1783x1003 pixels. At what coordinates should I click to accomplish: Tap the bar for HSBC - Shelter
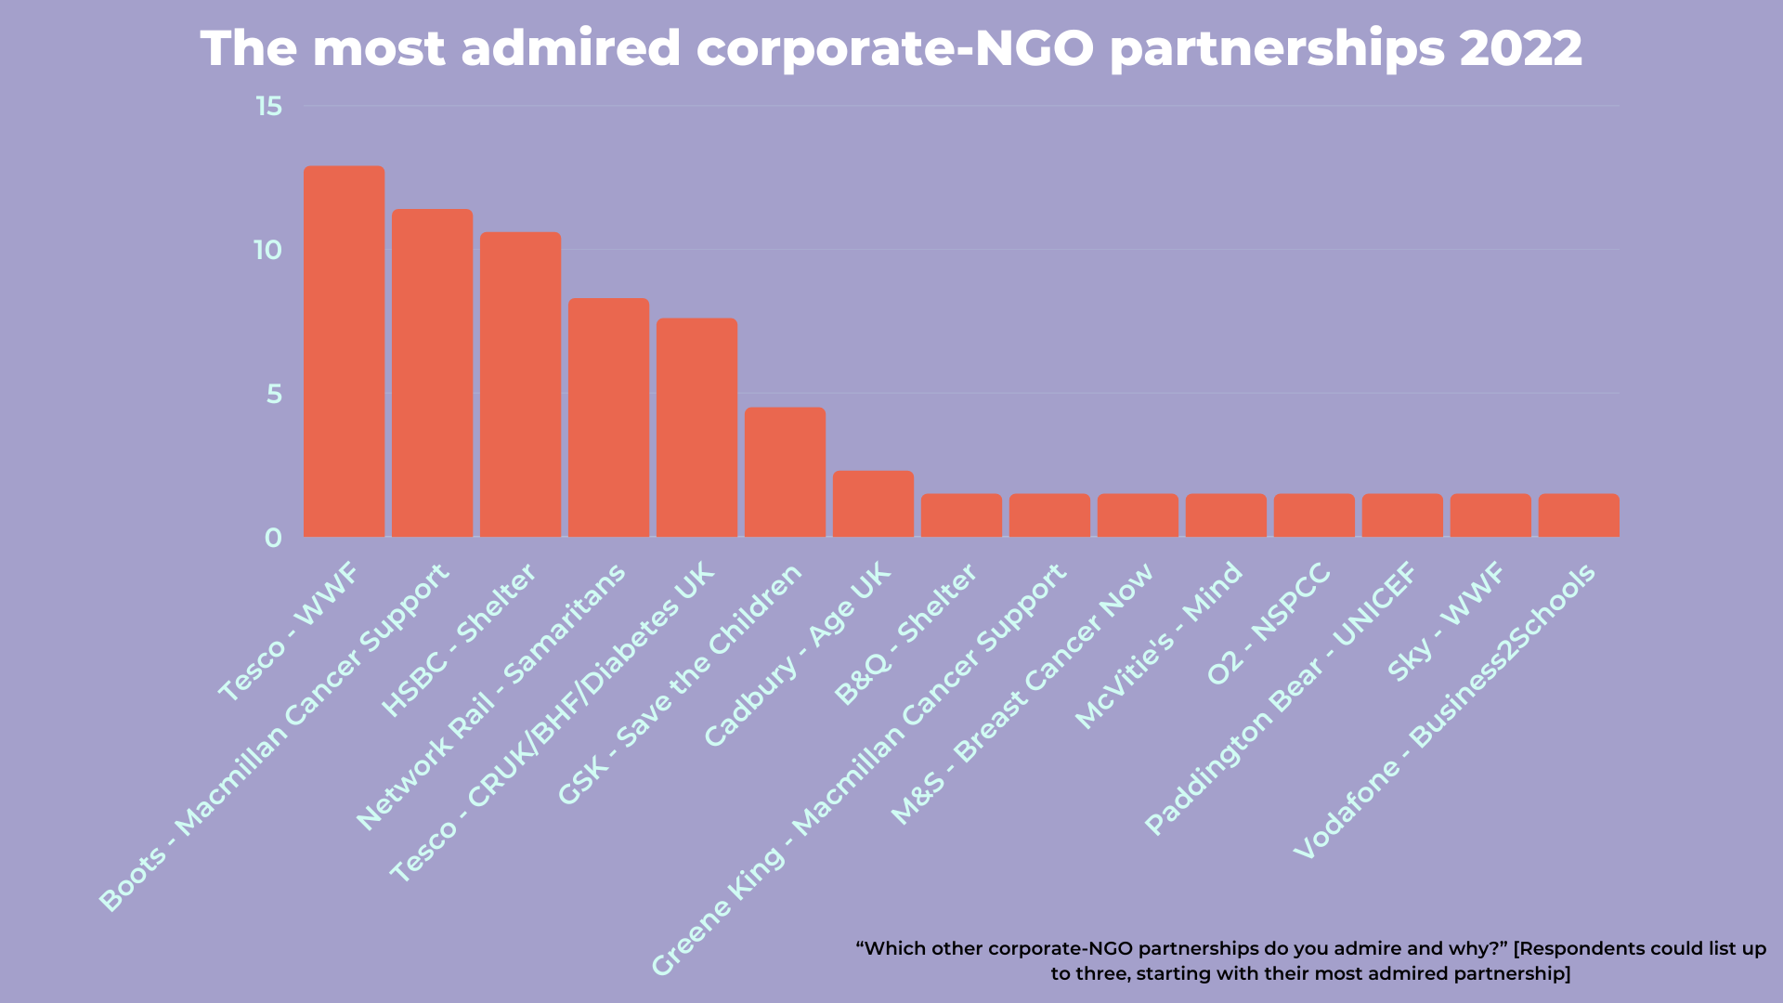point(520,384)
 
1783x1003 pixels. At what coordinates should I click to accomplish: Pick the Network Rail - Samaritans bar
point(608,417)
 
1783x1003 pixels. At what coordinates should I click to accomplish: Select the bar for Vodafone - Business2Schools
point(1579,515)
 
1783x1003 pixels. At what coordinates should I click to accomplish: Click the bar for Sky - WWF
point(1490,515)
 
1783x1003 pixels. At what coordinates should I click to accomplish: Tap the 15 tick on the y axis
point(269,107)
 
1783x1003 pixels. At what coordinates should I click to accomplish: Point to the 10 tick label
point(267,251)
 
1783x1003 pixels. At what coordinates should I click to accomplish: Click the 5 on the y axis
point(274,395)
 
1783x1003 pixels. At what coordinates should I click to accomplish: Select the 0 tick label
point(273,539)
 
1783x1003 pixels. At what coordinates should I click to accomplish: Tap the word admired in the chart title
point(570,48)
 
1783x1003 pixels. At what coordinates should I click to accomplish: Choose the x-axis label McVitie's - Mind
point(1159,645)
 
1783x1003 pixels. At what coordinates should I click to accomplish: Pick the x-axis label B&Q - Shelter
point(905,634)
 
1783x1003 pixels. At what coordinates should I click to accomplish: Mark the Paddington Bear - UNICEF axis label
point(1282,698)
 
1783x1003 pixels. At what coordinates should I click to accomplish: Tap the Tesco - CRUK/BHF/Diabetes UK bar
point(696,427)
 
